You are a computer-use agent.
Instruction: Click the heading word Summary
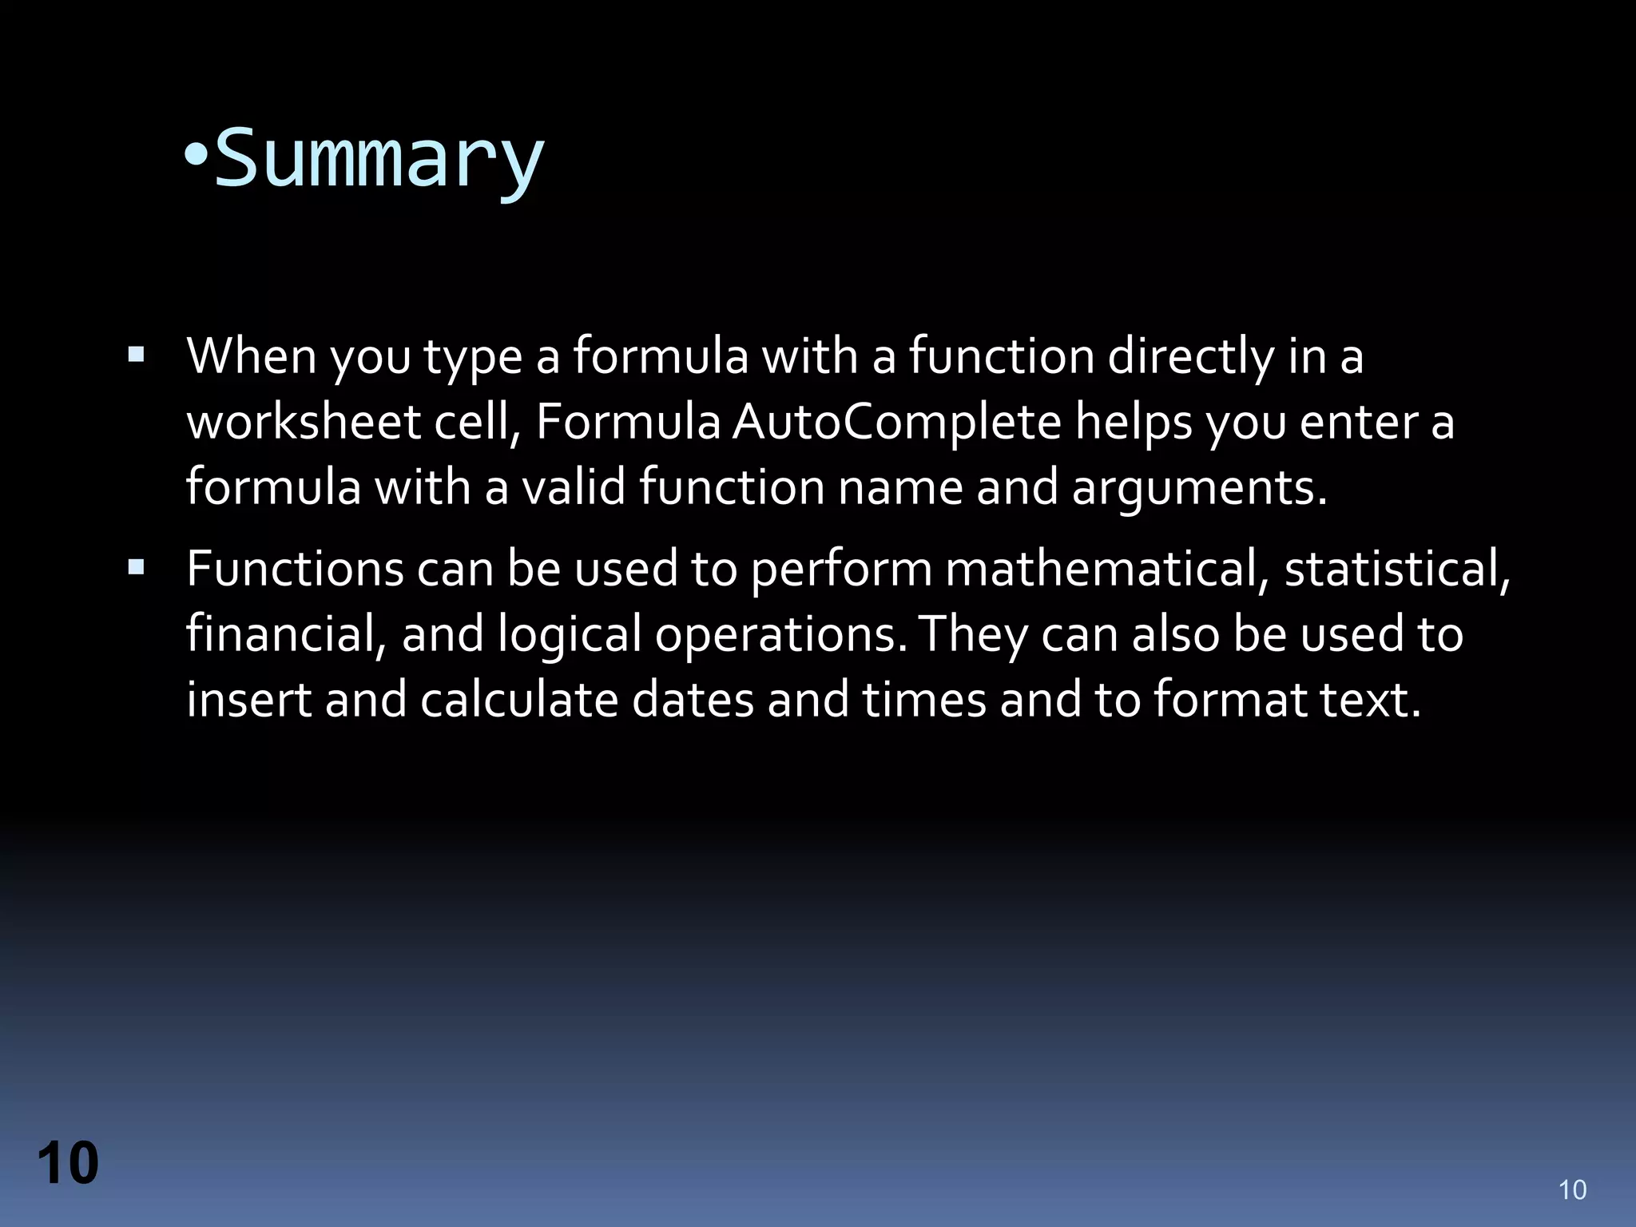(x=379, y=160)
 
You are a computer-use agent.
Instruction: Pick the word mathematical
(x=1107, y=569)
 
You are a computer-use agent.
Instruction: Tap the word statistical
(x=1396, y=569)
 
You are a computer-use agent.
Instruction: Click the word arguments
(x=1198, y=489)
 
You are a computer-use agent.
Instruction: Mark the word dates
(x=693, y=700)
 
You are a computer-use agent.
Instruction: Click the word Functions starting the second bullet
(x=295, y=569)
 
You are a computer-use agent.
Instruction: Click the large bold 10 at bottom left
(x=68, y=1163)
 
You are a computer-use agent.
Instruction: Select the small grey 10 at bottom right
(x=1572, y=1190)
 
